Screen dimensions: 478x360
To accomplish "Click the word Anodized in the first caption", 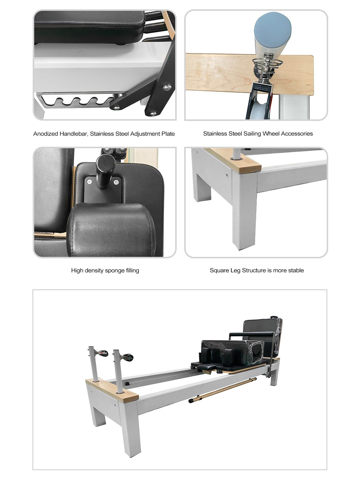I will tap(45, 134).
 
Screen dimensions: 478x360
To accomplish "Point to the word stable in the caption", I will tap(296, 271).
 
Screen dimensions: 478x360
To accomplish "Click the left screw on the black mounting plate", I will tap(89, 182).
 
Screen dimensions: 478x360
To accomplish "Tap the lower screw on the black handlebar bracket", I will tap(153, 113).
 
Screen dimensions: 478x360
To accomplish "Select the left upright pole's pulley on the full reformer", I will tap(103, 353).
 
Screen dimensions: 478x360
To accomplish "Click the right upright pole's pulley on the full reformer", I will tap(127, 357).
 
